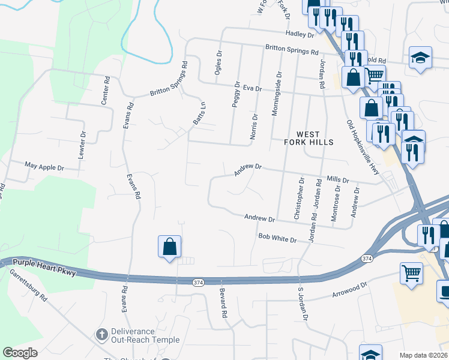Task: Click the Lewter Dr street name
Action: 82,145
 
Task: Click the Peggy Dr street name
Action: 237,95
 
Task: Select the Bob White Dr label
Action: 277,239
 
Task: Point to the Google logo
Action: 20,353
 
